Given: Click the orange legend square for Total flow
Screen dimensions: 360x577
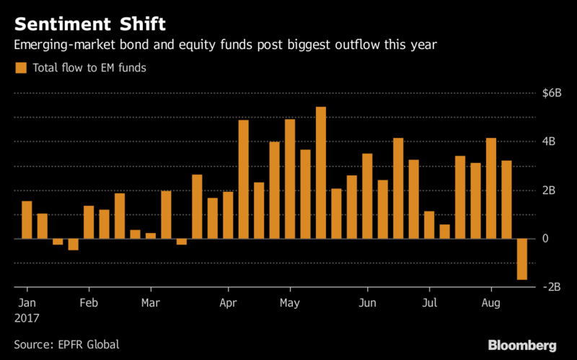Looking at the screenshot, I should (x=19, y=68).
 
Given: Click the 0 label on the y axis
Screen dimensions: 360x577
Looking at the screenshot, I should (x=546, y=239).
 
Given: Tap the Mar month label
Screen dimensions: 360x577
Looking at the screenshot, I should (x=151, y=302).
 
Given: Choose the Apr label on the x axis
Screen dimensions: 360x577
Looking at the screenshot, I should (x=229, y=302).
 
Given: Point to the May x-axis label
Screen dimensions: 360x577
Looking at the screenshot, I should (x=290, y=302).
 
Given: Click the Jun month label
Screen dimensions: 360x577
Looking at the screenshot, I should (x=368, y=302).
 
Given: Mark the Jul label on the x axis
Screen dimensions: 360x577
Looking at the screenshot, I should (x=429, y=302).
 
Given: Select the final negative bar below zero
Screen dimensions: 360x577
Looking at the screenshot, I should (x=521, y=259).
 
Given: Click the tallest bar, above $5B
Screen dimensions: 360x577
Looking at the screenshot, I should (x=321, y=172).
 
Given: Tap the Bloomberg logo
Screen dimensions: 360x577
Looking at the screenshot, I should (x=522, y=344).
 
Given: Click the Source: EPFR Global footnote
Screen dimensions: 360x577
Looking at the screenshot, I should (x=66, y=345).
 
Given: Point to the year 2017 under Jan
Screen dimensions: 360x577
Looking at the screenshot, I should (x=27, y=317).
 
